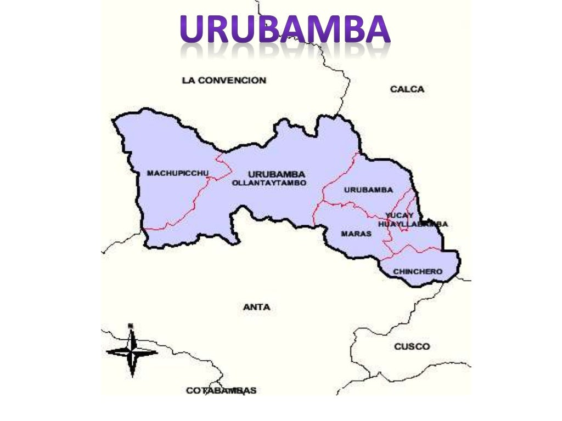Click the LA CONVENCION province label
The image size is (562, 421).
[223, 81]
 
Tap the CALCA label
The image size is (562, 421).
[407, 89]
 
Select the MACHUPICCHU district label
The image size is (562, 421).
[178, 173]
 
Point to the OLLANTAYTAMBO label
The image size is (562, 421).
[269, 183]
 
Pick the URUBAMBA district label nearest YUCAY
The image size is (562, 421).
[368, 190]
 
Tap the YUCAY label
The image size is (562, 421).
[399, 215]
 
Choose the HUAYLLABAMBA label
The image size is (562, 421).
[413, 224]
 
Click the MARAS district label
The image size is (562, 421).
[356, 234]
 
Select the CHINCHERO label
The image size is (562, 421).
[418, 271]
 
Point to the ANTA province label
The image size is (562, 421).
[256, 308]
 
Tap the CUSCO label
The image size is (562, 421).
[412, 346]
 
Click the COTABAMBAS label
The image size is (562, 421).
[221, 391]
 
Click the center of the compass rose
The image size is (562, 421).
[132, 351]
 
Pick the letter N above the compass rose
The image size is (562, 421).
[131, 326]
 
